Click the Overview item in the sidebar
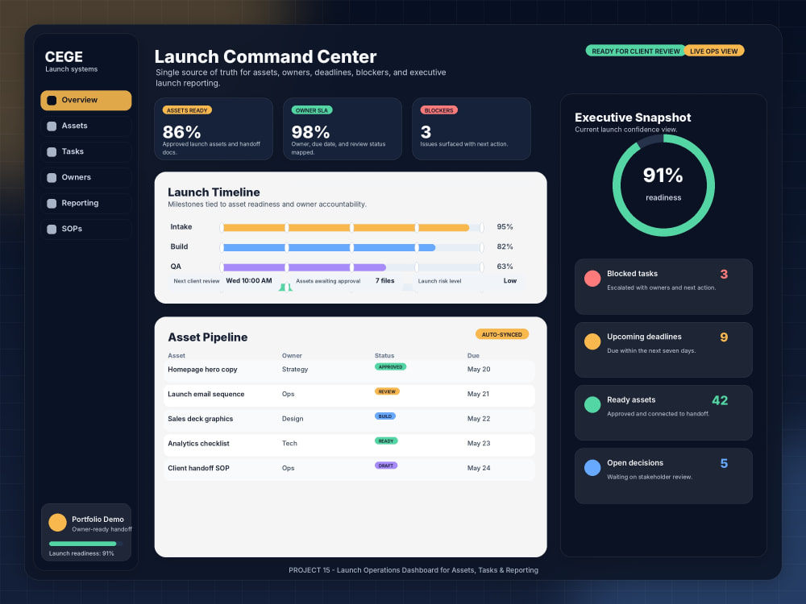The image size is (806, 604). (86, 100)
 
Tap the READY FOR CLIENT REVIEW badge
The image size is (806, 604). (635, 51)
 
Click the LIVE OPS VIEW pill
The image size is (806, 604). (713, 51)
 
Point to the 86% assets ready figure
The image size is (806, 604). (181, 132)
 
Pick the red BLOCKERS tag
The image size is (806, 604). (439, 110)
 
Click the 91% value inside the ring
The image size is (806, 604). (663, 175)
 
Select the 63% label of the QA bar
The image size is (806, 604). (505, 267)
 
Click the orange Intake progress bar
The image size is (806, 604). (346, 228)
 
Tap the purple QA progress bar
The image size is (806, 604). (304, 267)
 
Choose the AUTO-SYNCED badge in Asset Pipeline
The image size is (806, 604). (501, 334)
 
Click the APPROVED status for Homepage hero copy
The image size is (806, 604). (391, 366)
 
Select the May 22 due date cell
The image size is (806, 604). (479, 419)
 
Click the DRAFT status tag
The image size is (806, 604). (386, 465)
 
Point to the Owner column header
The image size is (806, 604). (292, 355)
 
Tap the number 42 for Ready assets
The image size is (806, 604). (720, 400)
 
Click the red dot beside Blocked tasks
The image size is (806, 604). (592, 279)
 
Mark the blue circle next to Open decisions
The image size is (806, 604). (592, 467)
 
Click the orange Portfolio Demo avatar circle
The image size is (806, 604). (57, 523)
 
